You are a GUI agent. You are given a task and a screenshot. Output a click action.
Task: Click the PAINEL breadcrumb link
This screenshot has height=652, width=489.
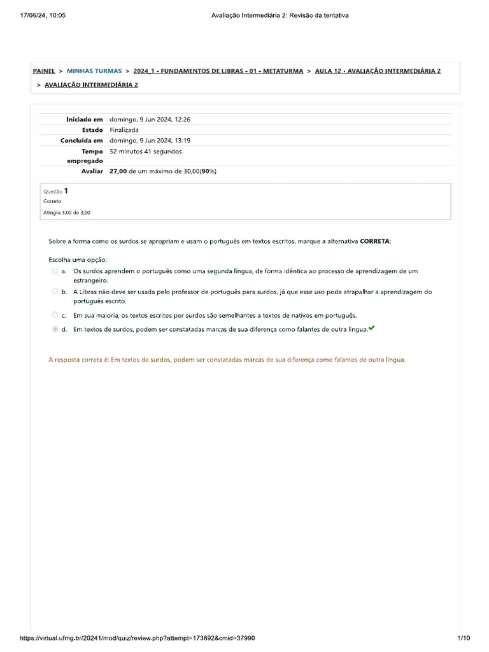tap(44, 71)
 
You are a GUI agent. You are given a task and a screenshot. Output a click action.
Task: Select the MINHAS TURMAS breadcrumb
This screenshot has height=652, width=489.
tap(94, 71)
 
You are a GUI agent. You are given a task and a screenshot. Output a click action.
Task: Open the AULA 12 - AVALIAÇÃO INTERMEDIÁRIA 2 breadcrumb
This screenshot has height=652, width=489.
tap(378, 71)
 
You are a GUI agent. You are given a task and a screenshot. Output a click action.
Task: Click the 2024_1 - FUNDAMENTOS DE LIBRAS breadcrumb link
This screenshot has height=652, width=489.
tap(218, 71)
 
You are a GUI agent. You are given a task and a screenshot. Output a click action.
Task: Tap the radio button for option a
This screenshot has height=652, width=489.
tap(55, 271)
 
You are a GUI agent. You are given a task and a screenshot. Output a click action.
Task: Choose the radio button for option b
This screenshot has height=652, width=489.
tap(55, 292)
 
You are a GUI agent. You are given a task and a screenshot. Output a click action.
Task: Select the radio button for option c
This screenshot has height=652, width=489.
tap(55, 315)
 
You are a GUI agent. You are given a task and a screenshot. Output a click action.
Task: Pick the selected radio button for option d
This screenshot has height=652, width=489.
tap(55, 329)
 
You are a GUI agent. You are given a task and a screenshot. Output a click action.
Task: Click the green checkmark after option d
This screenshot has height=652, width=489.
tap(372, 329)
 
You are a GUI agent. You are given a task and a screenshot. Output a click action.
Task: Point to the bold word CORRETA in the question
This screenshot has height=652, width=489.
tap(376, 241)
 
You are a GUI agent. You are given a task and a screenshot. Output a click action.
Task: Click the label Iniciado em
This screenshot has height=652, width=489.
tap(84, 119)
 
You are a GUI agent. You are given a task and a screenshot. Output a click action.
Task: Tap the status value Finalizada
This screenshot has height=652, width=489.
tap(124, 130)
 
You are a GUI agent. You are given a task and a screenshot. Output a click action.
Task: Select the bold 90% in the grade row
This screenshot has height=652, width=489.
tap(208, 172)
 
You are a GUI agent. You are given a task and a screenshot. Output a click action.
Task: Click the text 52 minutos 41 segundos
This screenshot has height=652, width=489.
tap(145, 152)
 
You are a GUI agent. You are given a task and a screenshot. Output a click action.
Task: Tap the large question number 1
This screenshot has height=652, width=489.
tap(66, 190)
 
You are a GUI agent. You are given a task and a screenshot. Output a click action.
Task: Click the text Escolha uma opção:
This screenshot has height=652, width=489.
tap(78, 260)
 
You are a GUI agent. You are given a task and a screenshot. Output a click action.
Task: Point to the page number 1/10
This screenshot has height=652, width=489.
tap(463, 638)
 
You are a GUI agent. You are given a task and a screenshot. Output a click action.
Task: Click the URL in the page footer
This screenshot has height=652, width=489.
tap(137, 638)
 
